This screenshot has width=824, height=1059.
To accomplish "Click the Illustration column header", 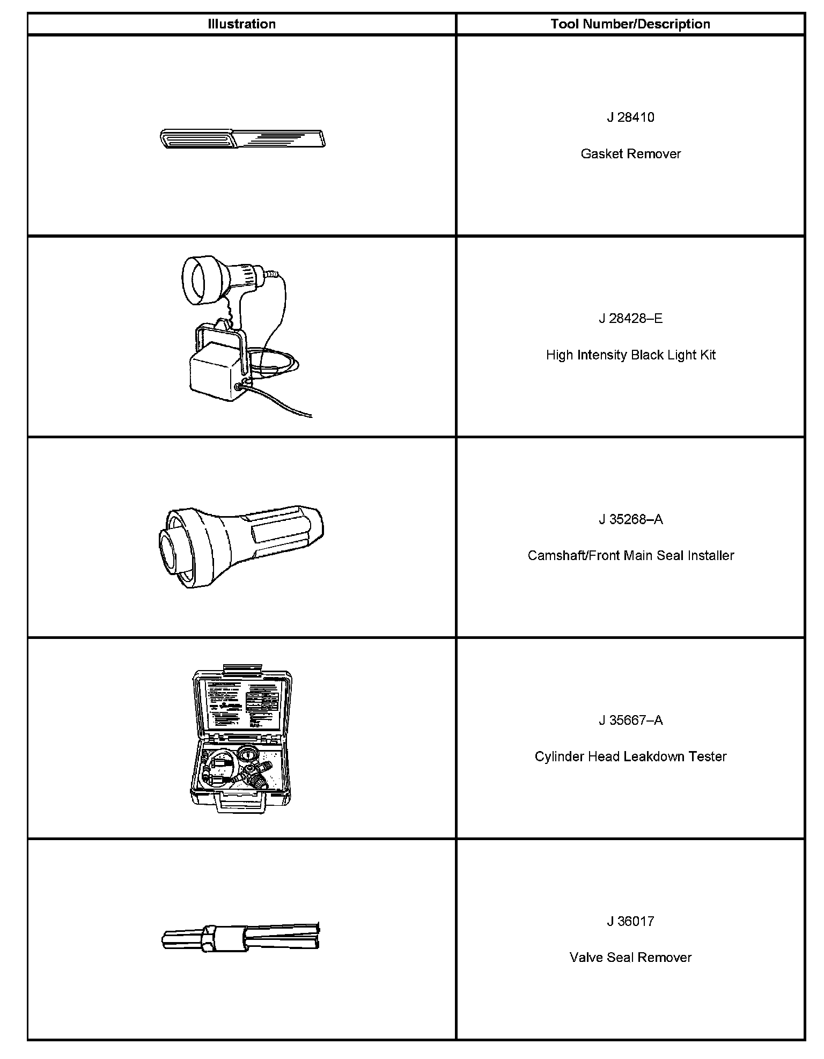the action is pyautogui.click(x=241, y=24).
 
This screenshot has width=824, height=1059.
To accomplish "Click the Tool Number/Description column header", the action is pyautogui.click(x=630, y=24).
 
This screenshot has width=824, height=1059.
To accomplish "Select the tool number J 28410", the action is pyautogui.click(x=630, y=117).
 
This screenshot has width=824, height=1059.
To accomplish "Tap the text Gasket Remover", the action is pyautogui.click(x=630, y=154).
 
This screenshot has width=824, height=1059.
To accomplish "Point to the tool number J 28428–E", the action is pyautogui.click(x=630, y=319).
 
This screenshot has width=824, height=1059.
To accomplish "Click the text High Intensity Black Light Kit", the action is pyautogui.click(x=630, y=355).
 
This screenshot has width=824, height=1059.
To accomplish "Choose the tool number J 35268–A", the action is pyautogui.click(x=630, y=519).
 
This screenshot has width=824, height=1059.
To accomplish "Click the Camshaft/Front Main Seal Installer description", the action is pyautogui.click(x=630, y=555).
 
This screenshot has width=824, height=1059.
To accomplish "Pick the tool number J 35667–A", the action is pyautogui.click(x=630, y=720).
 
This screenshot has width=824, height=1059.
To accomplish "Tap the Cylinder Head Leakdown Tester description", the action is pyautogui.click(x=630, y=756).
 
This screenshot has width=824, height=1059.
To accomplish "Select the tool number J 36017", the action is pyautogui.click(x=630, y=921).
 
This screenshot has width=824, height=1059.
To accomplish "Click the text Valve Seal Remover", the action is pyautogui.click(x=630, y=958).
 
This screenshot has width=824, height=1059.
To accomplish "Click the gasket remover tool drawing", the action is pyautogui.click(x=242, y=138).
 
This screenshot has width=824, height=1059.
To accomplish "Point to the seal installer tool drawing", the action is pyautogui.click(x=241, y=545).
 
